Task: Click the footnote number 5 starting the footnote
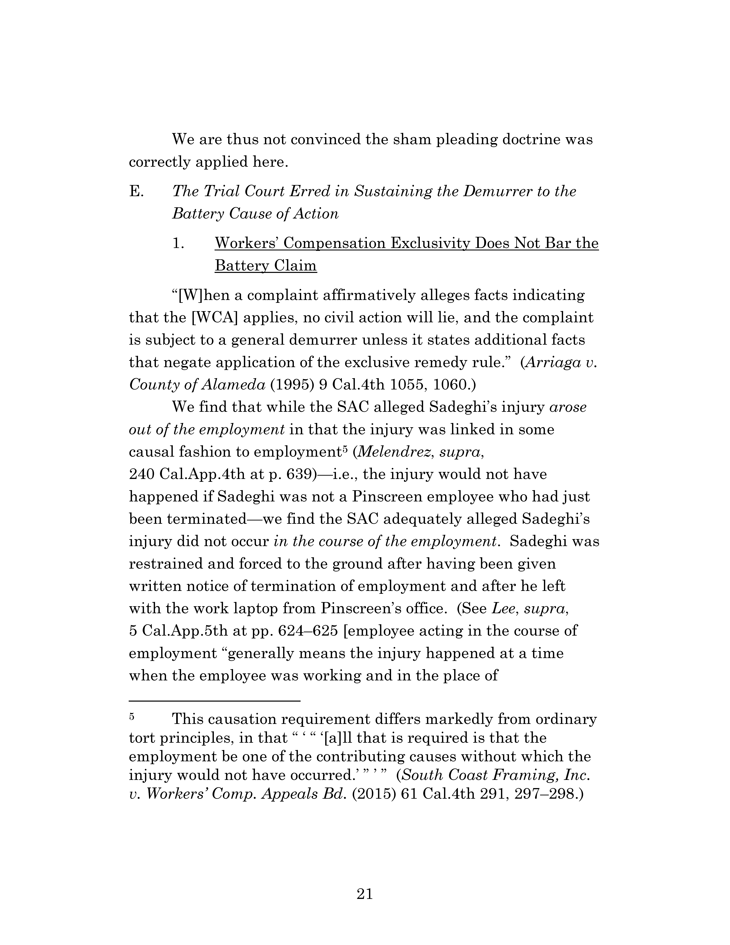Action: pos(132,716)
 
